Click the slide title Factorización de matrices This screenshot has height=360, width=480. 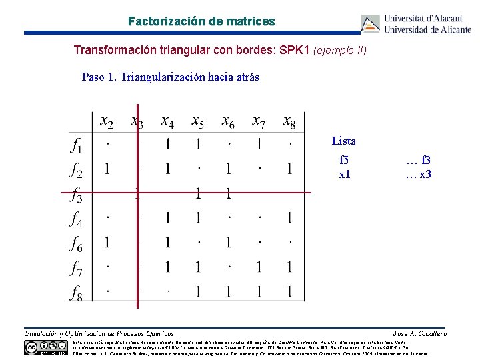tap(201, 21)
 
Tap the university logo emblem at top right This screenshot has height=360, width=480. tap(371, 24)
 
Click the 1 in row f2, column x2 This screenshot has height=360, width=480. tap(107, 169)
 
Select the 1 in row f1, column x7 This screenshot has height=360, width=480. tap(259, 145)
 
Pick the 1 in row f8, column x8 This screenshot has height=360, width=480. tap(289, 291)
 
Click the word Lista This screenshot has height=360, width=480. tap(344, 141)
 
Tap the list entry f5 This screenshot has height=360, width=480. tap(344, 161)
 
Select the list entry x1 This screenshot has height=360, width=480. tap(344, 175)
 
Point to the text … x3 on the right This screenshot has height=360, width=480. tap(419, 175)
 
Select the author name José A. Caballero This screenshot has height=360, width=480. tap(420, 333)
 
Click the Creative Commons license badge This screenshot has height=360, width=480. tap(47, 347)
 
